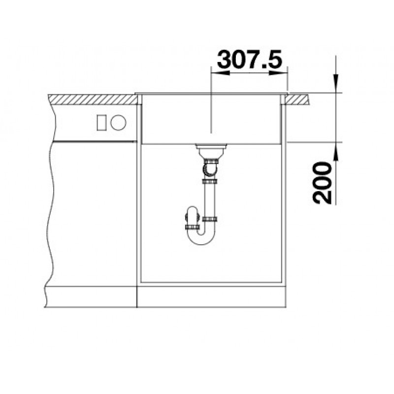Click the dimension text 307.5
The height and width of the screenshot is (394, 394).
click(250, 60)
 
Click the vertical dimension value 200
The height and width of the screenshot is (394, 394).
click(322, 183)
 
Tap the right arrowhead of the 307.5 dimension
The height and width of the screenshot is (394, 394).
click(278, 73)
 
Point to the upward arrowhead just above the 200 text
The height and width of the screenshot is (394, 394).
click(336, 151)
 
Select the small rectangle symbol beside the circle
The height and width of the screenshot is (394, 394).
click(101, 123)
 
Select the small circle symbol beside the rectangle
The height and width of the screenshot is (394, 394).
click(118, 122)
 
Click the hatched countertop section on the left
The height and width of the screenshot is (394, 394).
click(93, 99)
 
